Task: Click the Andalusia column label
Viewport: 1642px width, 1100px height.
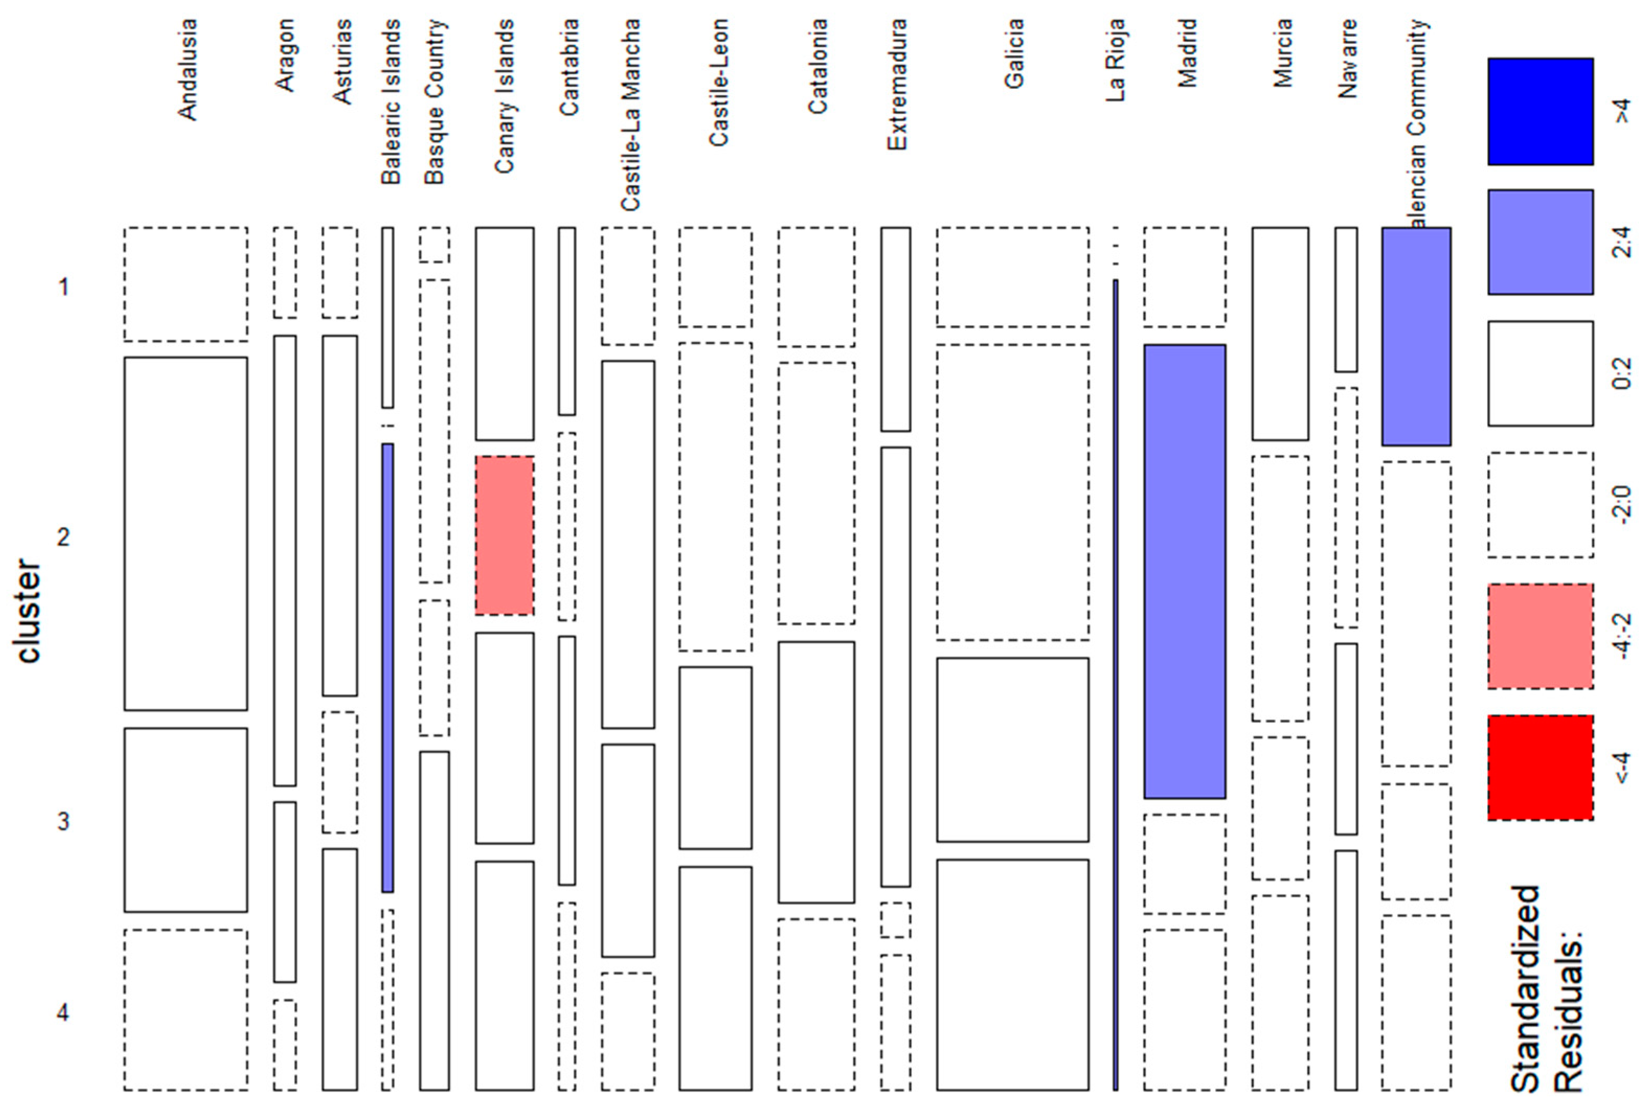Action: click(x=187, y=70)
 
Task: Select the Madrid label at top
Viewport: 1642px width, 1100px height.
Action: click(x=1186, y=53)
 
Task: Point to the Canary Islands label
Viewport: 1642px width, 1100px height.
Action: click(x=505, y=96)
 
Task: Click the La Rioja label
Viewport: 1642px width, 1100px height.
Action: click(x=1116, y=60)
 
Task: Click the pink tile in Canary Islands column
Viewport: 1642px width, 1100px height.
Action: click(x=505, y=535)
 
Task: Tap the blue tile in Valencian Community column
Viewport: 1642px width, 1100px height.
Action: click(x=1416, y=336)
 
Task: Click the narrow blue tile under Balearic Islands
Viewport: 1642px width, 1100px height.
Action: click(x=387, y=667)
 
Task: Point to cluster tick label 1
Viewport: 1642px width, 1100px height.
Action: click(x=63, y=286)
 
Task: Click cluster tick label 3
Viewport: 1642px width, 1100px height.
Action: click(x=63, y=820)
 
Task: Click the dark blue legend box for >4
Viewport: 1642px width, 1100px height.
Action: click(x=1540, y=111)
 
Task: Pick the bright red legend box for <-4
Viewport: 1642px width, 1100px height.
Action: click(x=1540, y=767)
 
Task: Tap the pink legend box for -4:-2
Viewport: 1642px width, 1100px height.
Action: click(x=1540, y=636)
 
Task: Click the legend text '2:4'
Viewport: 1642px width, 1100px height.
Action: click(x=1622, y=242)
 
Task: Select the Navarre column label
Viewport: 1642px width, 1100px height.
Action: click(x=1346, y=59)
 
